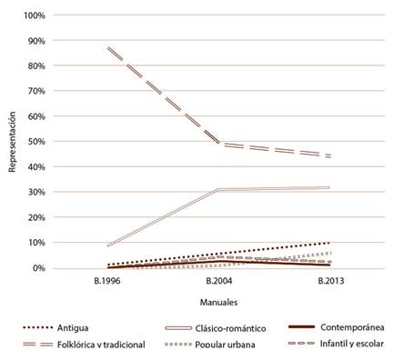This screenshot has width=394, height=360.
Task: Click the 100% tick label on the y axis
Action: click(x=33, y=16)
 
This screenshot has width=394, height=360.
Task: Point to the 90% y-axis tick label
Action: click(x=35, y=41)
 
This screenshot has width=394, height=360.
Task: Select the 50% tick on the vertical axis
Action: click(x=35, y=142)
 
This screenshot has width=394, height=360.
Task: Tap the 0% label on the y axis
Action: click(x=37, y=268)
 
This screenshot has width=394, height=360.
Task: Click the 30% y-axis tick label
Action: click(x=35, y=192)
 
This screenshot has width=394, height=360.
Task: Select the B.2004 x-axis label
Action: click(x=219, y=282)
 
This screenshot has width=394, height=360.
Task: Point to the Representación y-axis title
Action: click(x=12, y=142)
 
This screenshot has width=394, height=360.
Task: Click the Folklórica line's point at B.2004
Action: click(x=219, y=144)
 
